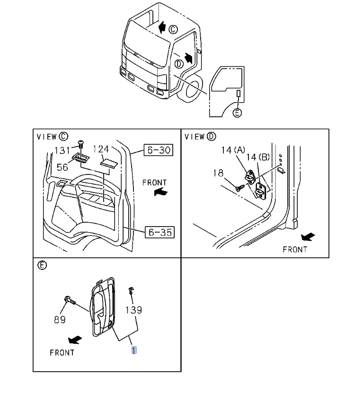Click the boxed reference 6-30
point(158,150)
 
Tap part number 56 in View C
point(62,167)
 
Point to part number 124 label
point(101,149)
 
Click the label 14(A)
point(233,150)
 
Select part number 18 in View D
point(218,173)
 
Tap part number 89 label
point(59,320)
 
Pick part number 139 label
point(133,310)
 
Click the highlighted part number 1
point(134,350)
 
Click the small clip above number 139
point(131,290)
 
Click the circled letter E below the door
point(238,112)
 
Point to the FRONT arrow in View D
point(308,237)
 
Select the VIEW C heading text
point(52,137)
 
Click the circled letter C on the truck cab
point(173,29)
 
